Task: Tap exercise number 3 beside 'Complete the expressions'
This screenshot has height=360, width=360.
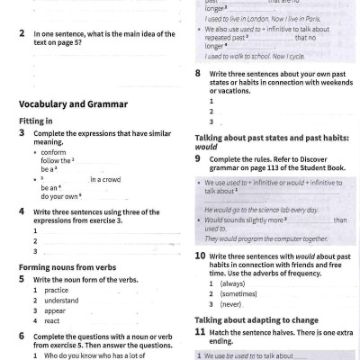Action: (x=22, y=132)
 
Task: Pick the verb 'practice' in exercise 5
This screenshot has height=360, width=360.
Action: (x=56, y=291)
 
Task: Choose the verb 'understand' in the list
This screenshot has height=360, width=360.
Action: (x=61, y=301)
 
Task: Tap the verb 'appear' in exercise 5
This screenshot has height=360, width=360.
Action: (x=55, y=311)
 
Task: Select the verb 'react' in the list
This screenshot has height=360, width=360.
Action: (x=52, y=321)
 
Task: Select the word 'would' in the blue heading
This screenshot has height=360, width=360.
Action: (x=206, y=148)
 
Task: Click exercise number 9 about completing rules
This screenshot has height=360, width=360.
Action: (x=198, y=158)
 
